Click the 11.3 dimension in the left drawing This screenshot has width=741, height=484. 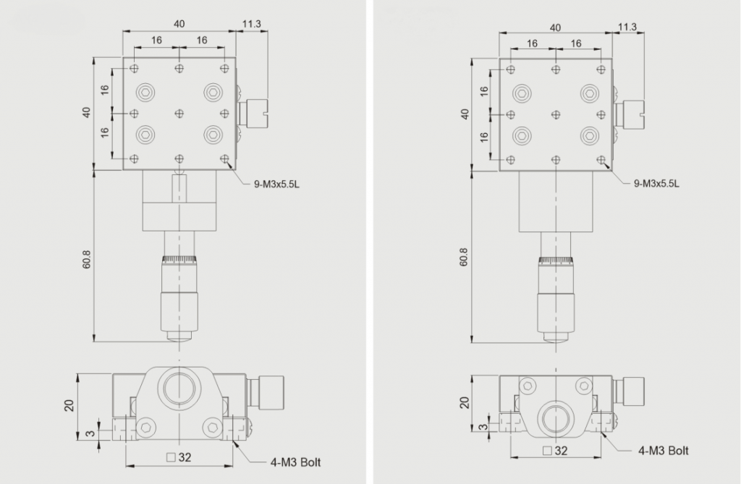click(x=251, y=24)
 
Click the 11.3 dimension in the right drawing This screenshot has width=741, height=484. click(x=627, y=27)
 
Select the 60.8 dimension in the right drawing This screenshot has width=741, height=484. click(x=464, y=257)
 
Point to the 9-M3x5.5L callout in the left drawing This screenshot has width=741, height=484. click(x=277, y=184)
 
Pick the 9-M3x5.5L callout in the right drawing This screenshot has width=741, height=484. click(x=656, y=183)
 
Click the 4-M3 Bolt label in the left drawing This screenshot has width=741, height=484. click(x=295, y=462)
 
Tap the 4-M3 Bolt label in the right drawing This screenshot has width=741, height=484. click(x=664, y=451)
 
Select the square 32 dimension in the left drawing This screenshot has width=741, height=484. click(x=179, y=457)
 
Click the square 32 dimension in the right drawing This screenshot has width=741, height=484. click(x=555, y=451)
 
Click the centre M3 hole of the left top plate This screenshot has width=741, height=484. click(x=179, y=114)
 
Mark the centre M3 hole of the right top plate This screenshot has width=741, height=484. click(x=556, y=114)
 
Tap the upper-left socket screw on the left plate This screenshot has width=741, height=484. click(x=145, y=92)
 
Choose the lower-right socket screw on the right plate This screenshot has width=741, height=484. click(x=590, y=136)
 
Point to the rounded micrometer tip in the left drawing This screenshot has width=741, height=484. click(x=179, y=337)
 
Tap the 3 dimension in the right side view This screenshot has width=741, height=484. click(x=483, y=427)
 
